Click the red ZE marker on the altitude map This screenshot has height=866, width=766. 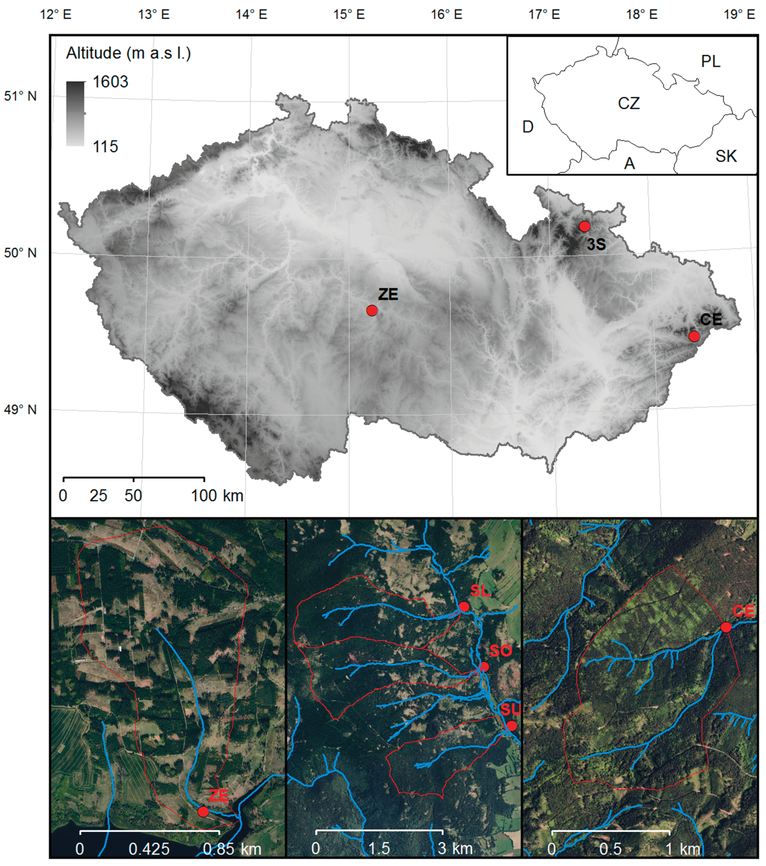372,311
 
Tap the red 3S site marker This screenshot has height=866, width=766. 585,226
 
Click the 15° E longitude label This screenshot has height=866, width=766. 349,15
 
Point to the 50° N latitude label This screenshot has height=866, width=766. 20,253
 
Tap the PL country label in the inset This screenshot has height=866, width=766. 711,62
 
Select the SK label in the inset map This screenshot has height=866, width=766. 726,156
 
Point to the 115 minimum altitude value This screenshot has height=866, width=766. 105,147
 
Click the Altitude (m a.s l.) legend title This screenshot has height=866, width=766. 128,53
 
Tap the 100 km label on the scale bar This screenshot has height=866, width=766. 217,495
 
